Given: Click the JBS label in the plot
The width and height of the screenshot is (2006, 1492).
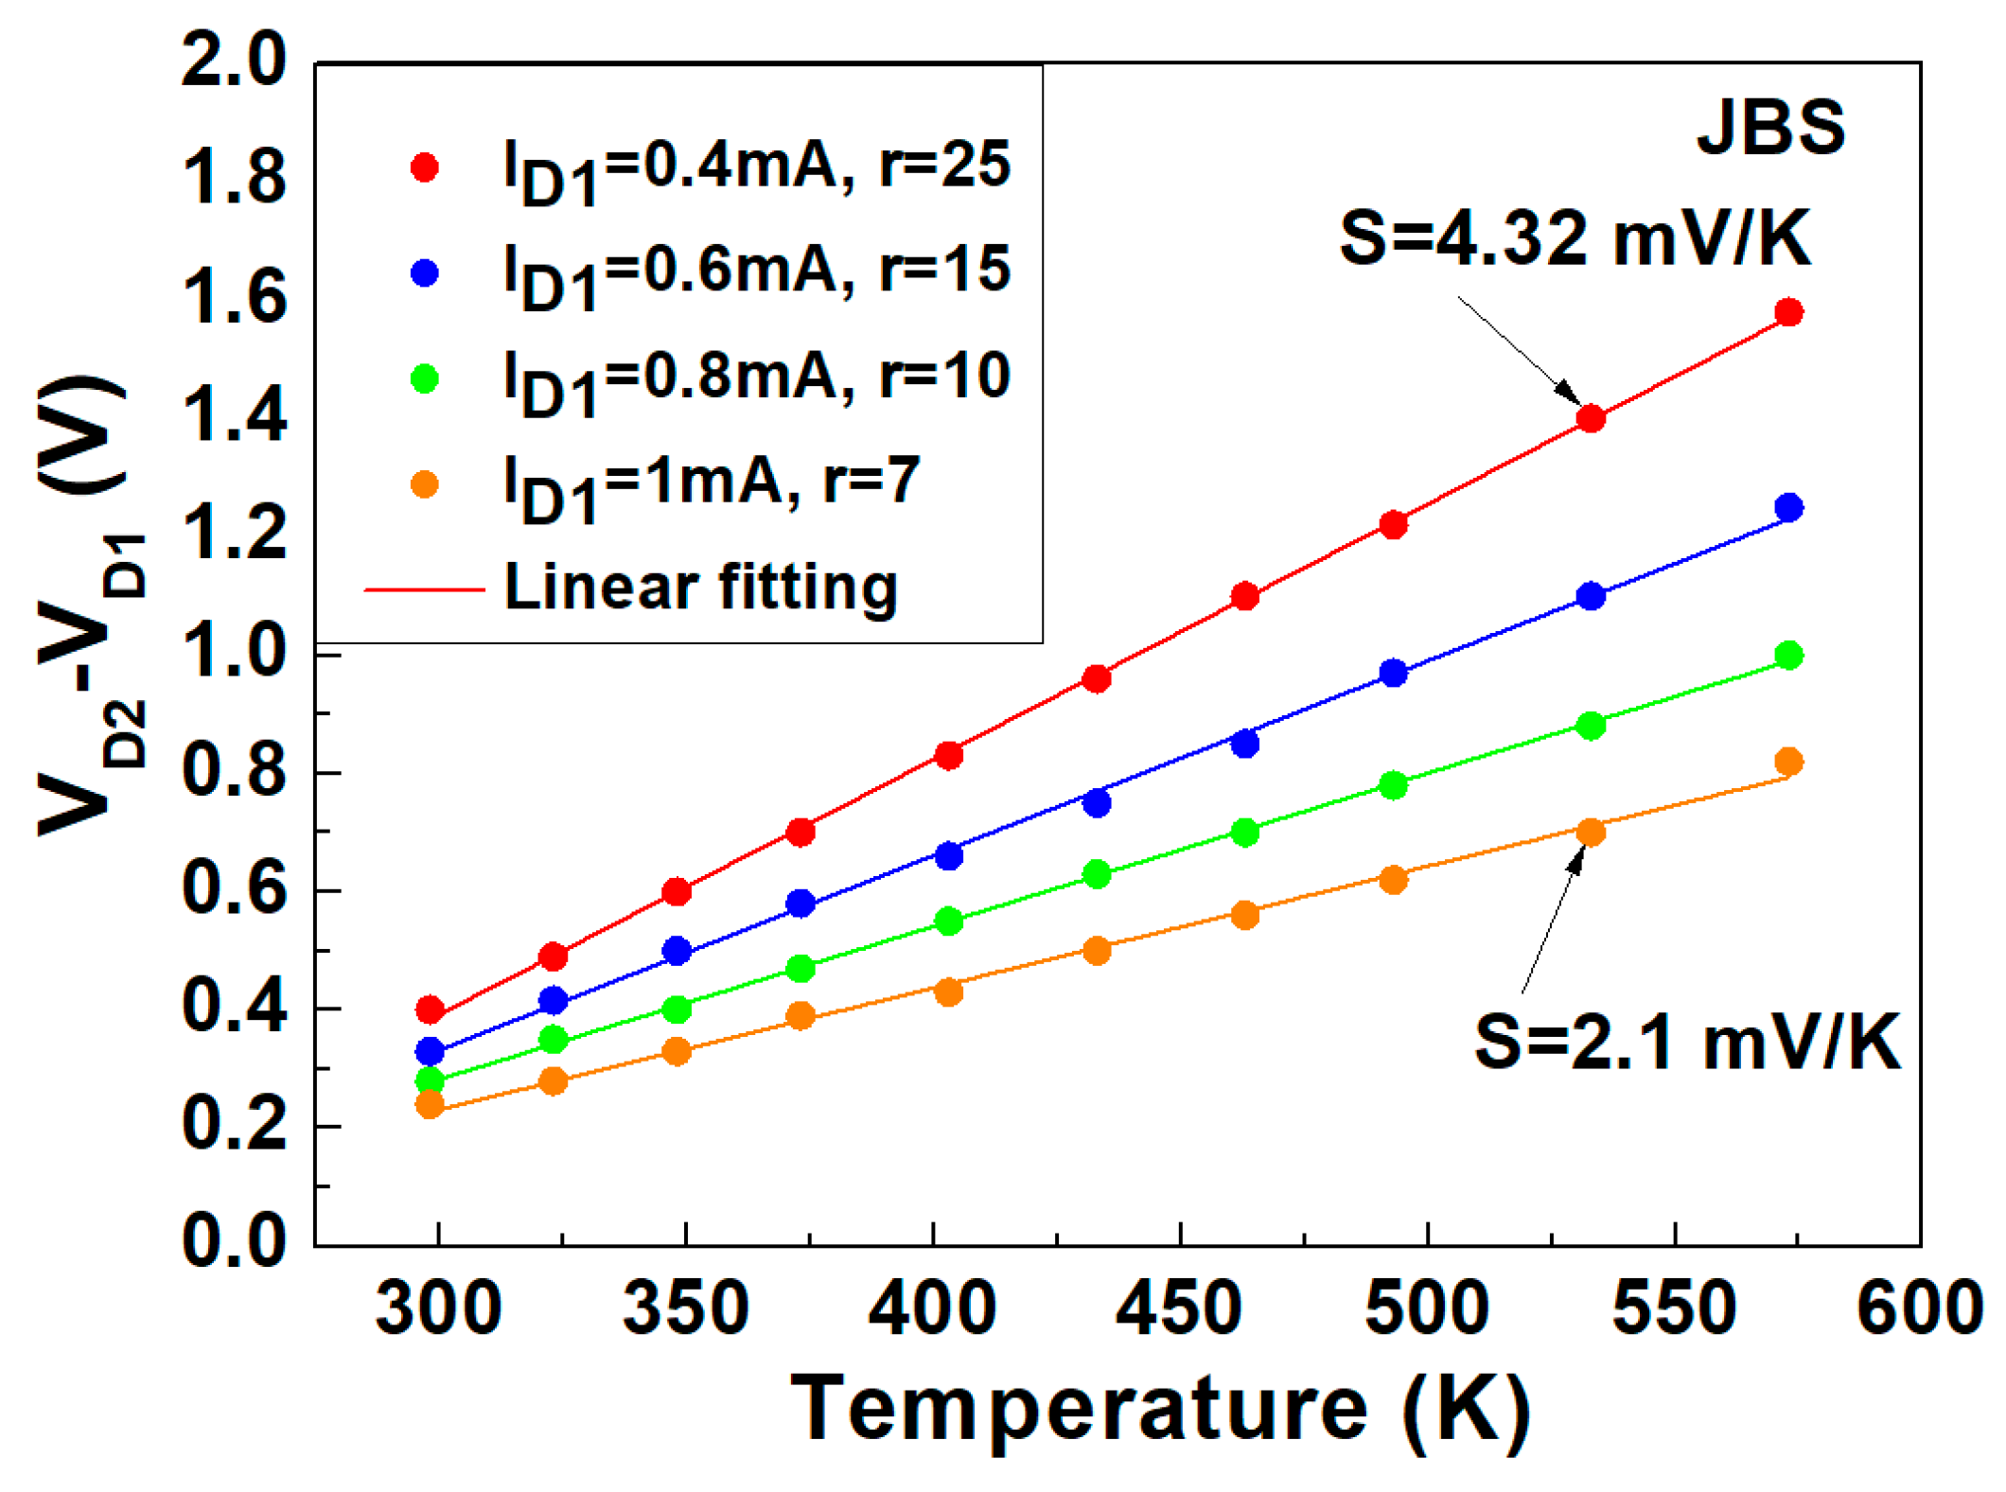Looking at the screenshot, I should tap(1769, 128).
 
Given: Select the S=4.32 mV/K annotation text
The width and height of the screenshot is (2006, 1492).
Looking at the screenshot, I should tap(1575, 238).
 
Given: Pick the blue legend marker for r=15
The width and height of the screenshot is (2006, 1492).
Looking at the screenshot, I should tap(425, 273).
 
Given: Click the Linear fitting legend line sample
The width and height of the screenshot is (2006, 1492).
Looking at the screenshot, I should tap(425, 589).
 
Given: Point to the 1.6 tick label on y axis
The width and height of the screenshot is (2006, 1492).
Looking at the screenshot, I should tap(234, 298).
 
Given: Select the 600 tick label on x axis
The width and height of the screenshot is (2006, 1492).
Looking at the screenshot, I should tap(1919, 1308).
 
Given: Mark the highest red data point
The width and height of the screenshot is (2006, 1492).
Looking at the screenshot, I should tap(1787, 312).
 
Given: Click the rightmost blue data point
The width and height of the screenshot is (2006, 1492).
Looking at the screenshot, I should tap(1787, 508).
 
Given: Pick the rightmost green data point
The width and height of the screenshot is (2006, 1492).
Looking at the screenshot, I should tap(1787, 656).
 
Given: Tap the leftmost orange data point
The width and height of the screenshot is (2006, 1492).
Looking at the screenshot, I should tap(430, 1104).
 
